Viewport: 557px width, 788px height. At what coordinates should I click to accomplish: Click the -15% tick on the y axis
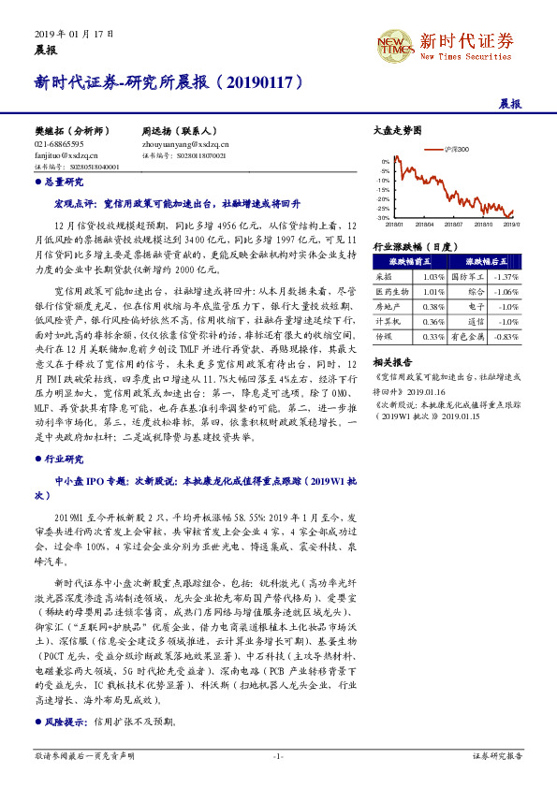click(x=385, y=189)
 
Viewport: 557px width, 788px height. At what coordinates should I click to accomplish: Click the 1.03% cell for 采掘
click(x=432, y=277)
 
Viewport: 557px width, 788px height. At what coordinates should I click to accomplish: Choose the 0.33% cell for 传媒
click(x=432, y=336)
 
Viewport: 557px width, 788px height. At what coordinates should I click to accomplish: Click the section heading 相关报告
click(x=391, y=360)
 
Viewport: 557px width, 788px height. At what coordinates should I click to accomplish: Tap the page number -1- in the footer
click(x=278, y=755)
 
